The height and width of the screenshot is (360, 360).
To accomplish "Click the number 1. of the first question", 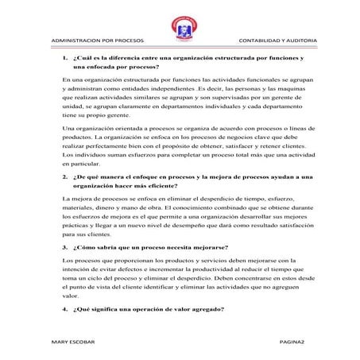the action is [65, 59].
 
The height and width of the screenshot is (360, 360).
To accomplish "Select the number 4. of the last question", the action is [65, 306].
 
